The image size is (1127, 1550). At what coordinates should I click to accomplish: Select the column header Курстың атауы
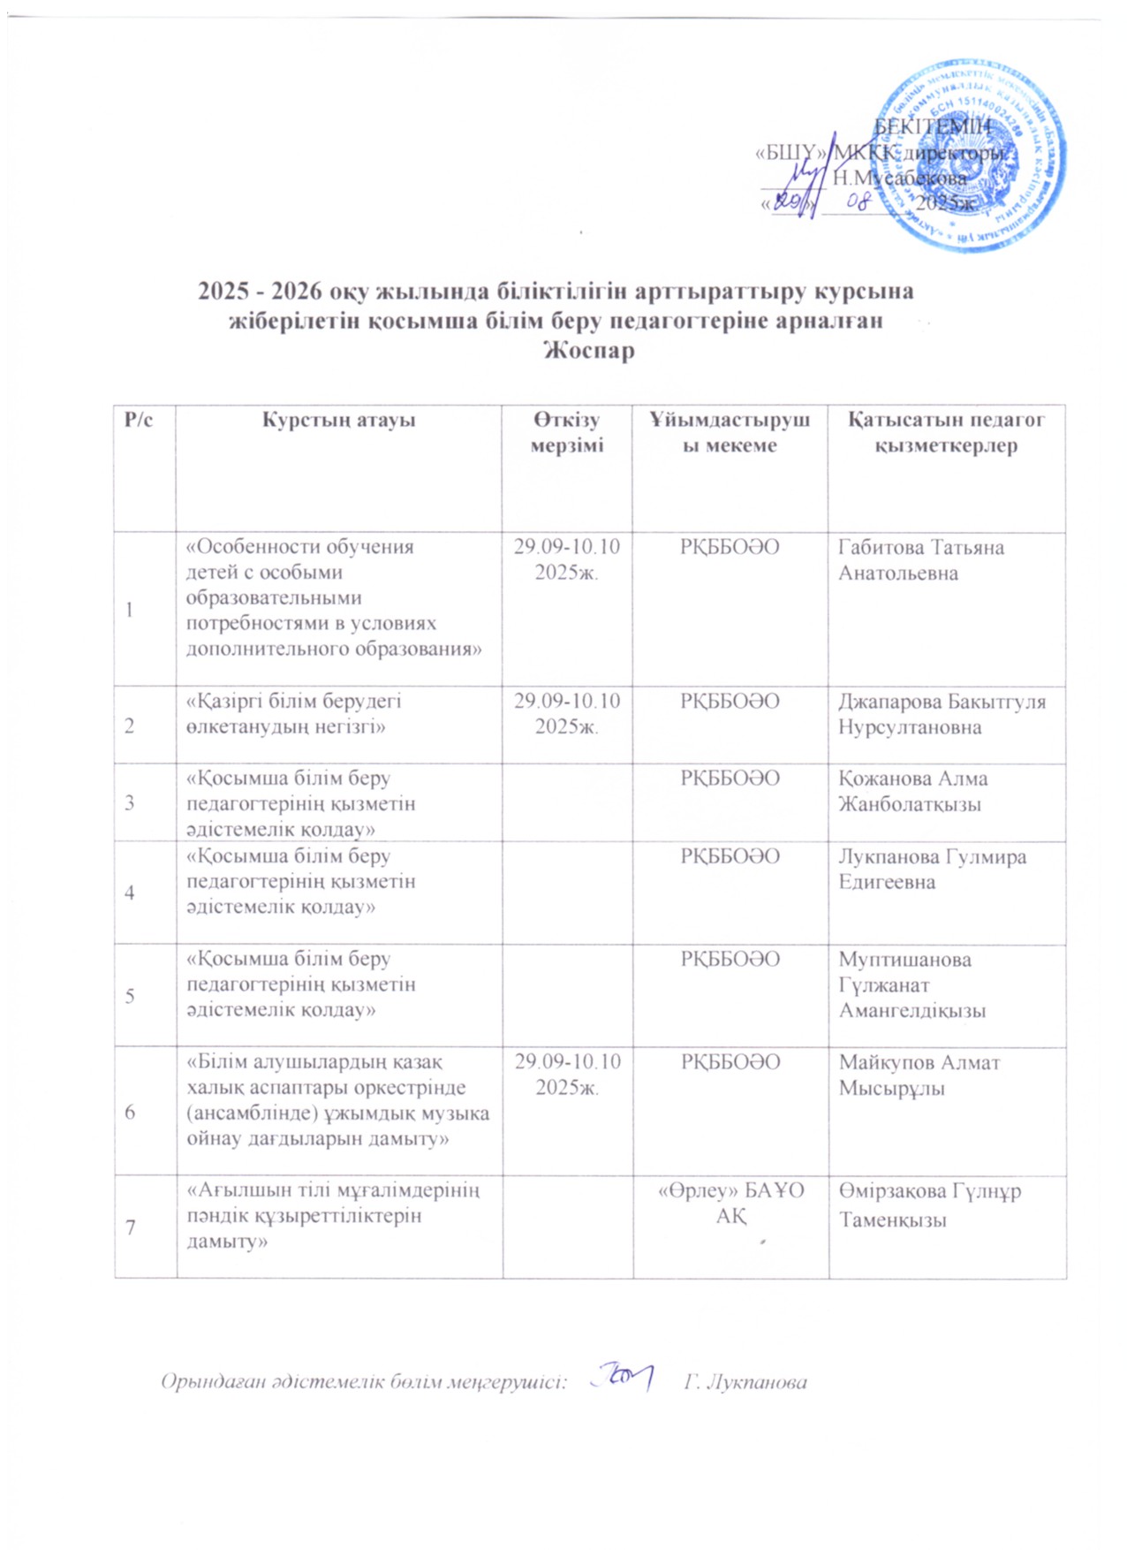338,421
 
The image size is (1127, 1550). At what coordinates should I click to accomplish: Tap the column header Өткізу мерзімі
567,432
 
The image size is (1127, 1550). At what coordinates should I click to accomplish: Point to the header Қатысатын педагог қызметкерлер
946,432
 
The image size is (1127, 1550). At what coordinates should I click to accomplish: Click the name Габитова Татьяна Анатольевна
920,559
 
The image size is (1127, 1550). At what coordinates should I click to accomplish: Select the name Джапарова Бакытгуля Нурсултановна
942,714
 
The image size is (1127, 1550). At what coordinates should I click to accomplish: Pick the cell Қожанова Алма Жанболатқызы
913,791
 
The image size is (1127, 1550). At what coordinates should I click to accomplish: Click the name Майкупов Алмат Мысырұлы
919,1075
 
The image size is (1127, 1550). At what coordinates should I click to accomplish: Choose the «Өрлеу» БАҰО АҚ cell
731,1203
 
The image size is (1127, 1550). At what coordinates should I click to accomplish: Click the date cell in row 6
567,1074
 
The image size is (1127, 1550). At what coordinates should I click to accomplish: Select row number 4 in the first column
130,893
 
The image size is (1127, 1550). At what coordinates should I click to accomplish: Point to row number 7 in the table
130,1227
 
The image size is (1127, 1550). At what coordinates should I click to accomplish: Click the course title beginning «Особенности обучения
335,597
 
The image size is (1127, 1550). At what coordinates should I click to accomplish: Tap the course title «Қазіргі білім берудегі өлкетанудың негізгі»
293,714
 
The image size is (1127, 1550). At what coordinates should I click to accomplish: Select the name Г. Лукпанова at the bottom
745,1382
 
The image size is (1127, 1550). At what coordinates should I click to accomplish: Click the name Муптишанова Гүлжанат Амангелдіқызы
911,984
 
